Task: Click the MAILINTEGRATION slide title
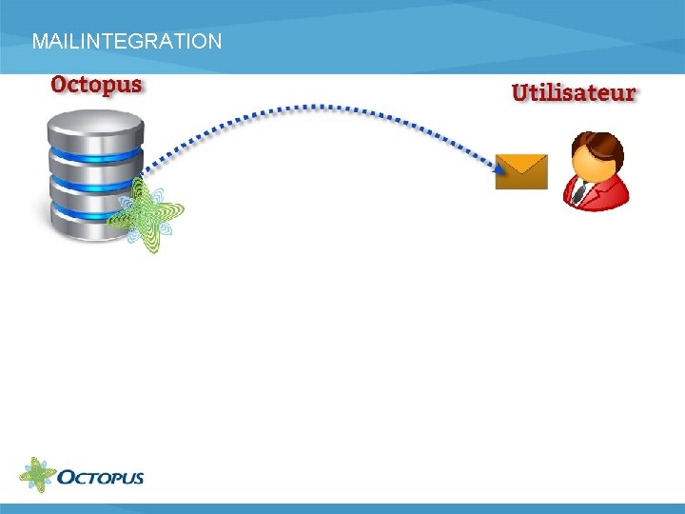(127, 42)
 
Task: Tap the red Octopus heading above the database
(96, 84)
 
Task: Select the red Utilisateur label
(574, 92)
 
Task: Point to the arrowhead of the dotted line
(499, 168)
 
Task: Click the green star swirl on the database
(145, 214)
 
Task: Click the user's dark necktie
(579, 193)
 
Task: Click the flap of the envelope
(521, 164)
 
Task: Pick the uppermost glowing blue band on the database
(95, 156)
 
